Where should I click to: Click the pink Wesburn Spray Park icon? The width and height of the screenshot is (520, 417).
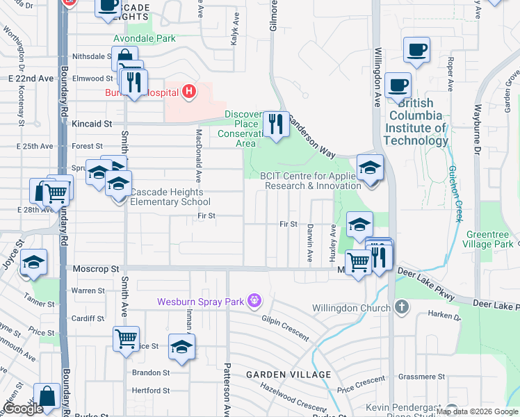pyautogui.click(x=255, y=300)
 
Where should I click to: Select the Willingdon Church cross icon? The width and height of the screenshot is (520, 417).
pyautogui.click(x=402, y=307)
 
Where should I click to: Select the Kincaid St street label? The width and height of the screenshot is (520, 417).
pyautogui.click(x=91, y=123)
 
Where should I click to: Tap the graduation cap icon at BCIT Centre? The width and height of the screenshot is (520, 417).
pyautogui.click(x=370, y=167)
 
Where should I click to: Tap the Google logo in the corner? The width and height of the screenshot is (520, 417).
pyautogui.click(x=24, y=409)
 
